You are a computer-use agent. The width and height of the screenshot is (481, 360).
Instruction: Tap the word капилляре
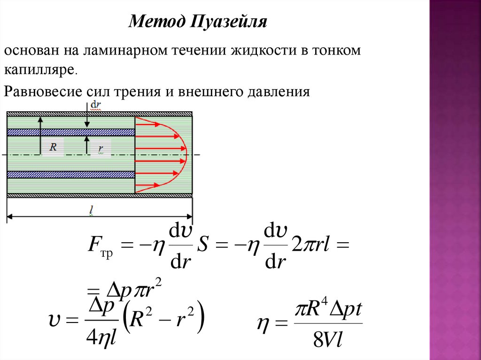[x=40, y=70]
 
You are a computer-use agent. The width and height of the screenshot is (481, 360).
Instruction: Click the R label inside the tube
[x=53, y=147]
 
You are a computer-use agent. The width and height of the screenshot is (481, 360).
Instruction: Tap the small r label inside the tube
[x=101, y=149]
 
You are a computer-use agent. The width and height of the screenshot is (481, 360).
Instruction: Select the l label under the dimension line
[x=92, y=211]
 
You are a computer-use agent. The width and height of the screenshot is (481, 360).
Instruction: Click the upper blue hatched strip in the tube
[x=70, y=132]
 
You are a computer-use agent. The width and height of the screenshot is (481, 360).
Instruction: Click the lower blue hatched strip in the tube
[x=70, y=175]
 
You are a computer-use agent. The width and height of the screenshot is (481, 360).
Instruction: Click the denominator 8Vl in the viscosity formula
[x=328, y=341]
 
